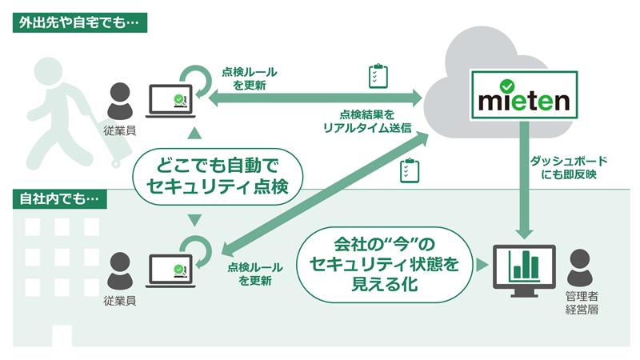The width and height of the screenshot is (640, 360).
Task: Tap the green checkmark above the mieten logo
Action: pos(506,85)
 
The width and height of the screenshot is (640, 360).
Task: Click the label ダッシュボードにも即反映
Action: pos(564,166)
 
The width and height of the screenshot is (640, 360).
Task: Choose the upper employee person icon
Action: pos(119,100)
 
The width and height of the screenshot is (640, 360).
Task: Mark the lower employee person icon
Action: pos(119,269)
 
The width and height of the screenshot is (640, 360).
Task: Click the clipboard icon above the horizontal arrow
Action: pos(378,76)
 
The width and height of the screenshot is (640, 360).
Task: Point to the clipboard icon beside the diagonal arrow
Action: pos(409,171)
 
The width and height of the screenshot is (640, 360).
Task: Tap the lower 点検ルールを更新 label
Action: pos(254,274)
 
